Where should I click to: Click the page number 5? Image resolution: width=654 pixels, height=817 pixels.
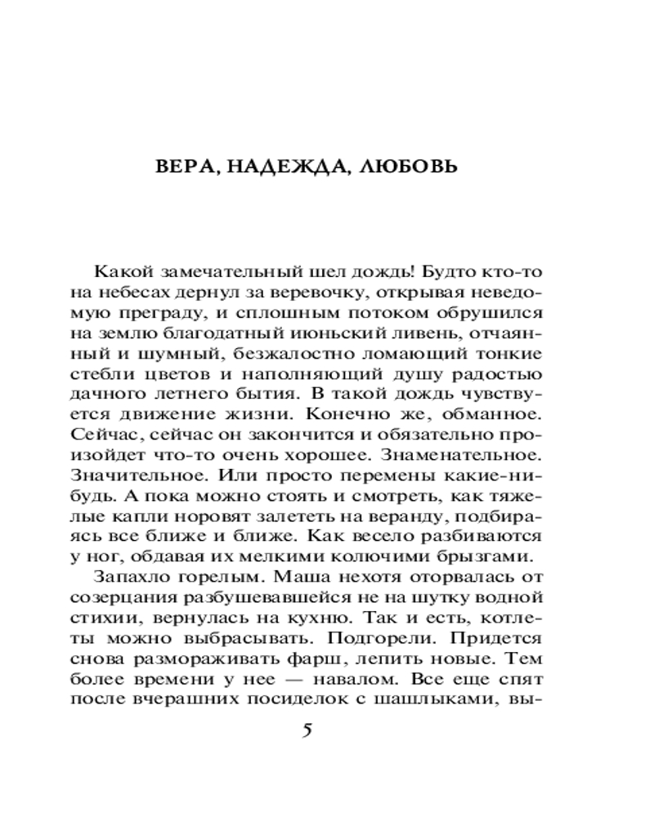click(307, 730)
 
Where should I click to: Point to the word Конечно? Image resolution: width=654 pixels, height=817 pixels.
click(365, 417)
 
